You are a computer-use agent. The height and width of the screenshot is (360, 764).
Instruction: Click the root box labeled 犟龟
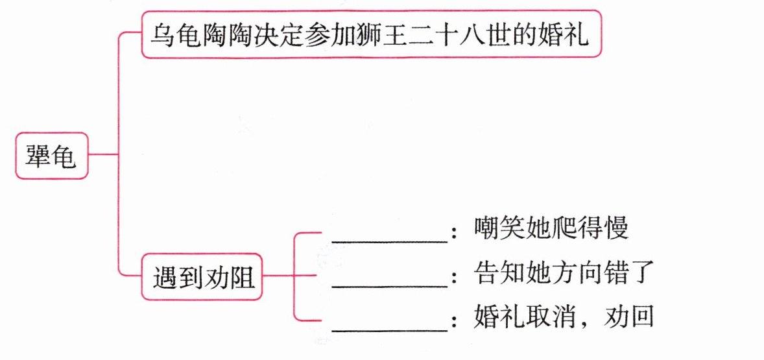(x=51, y=156)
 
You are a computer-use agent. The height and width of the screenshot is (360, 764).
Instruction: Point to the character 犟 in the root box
(x=38, y=156)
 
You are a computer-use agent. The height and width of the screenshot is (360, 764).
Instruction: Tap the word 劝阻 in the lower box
(x=229, y=280)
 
